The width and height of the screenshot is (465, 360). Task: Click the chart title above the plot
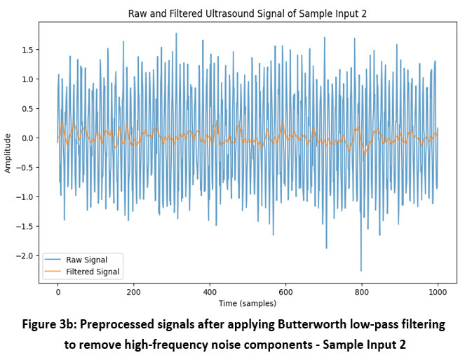point(248,13)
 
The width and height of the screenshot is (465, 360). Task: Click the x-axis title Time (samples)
point(248,303)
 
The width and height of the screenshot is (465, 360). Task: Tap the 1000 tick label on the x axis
point(437,291)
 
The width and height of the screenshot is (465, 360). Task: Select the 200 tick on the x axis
point(133,291)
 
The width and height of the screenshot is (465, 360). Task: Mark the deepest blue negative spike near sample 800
point(361,269)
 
